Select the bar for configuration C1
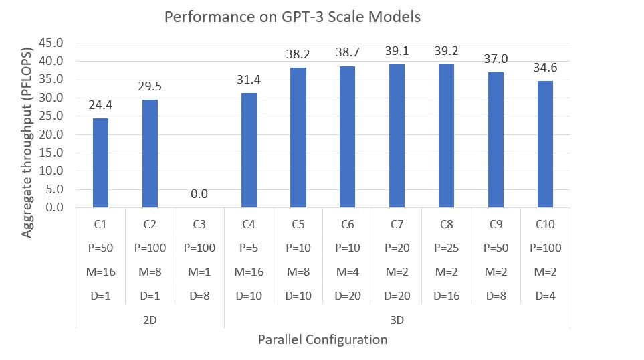click(x=100, y=163)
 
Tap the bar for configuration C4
click(x=249, y=150)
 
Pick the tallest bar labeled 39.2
click(x=446, y=136)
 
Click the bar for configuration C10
click(x=545, y=144)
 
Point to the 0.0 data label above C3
click(x=199, y=195)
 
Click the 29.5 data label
click(x=150, y=86)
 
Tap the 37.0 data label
click(x=496, y=59)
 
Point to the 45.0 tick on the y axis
click(x=52, y=43)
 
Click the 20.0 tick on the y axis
click(x=52, y=134)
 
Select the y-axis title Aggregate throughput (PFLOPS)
click(x=27, y=124)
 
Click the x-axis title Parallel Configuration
click(x=322, y=340)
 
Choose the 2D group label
click(x=150, y=320)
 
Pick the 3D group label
click(x=397, y=320)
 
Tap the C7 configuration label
click(x=397, y=224)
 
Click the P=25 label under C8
click(x=446, y=248)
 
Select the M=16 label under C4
click(x=249, y=272)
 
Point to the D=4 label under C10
click(x=545, y=296)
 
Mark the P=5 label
click(x=249, y=248)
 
